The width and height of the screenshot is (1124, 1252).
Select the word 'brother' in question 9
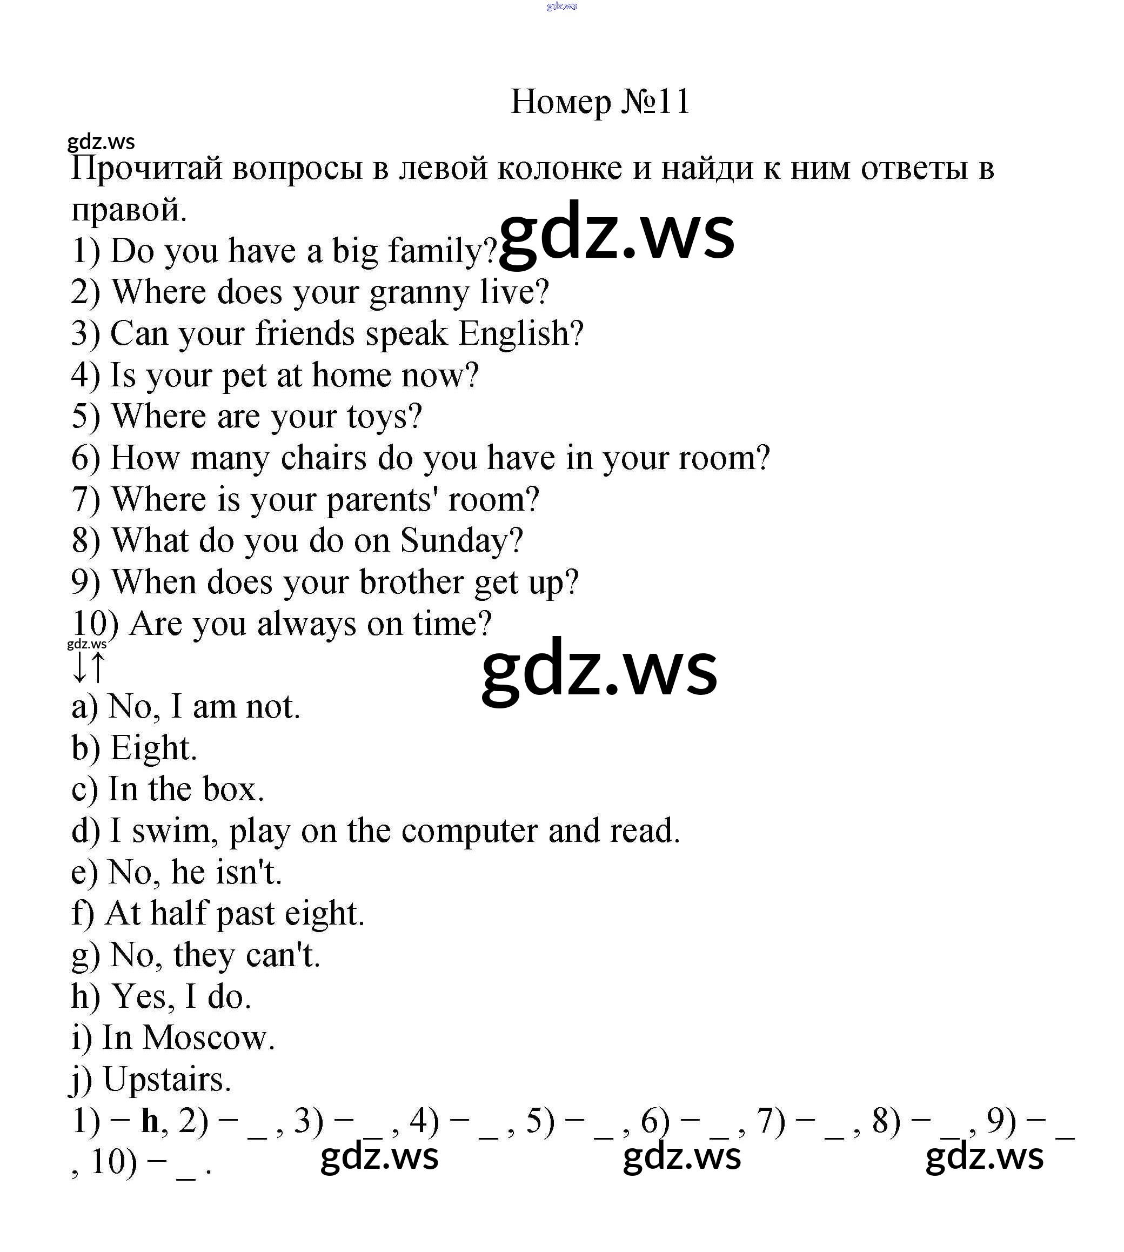click(x=411, y=582)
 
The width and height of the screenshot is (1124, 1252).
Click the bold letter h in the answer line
click(x=150, y=1121)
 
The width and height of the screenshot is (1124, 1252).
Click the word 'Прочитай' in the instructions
click(x=146, y=168)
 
